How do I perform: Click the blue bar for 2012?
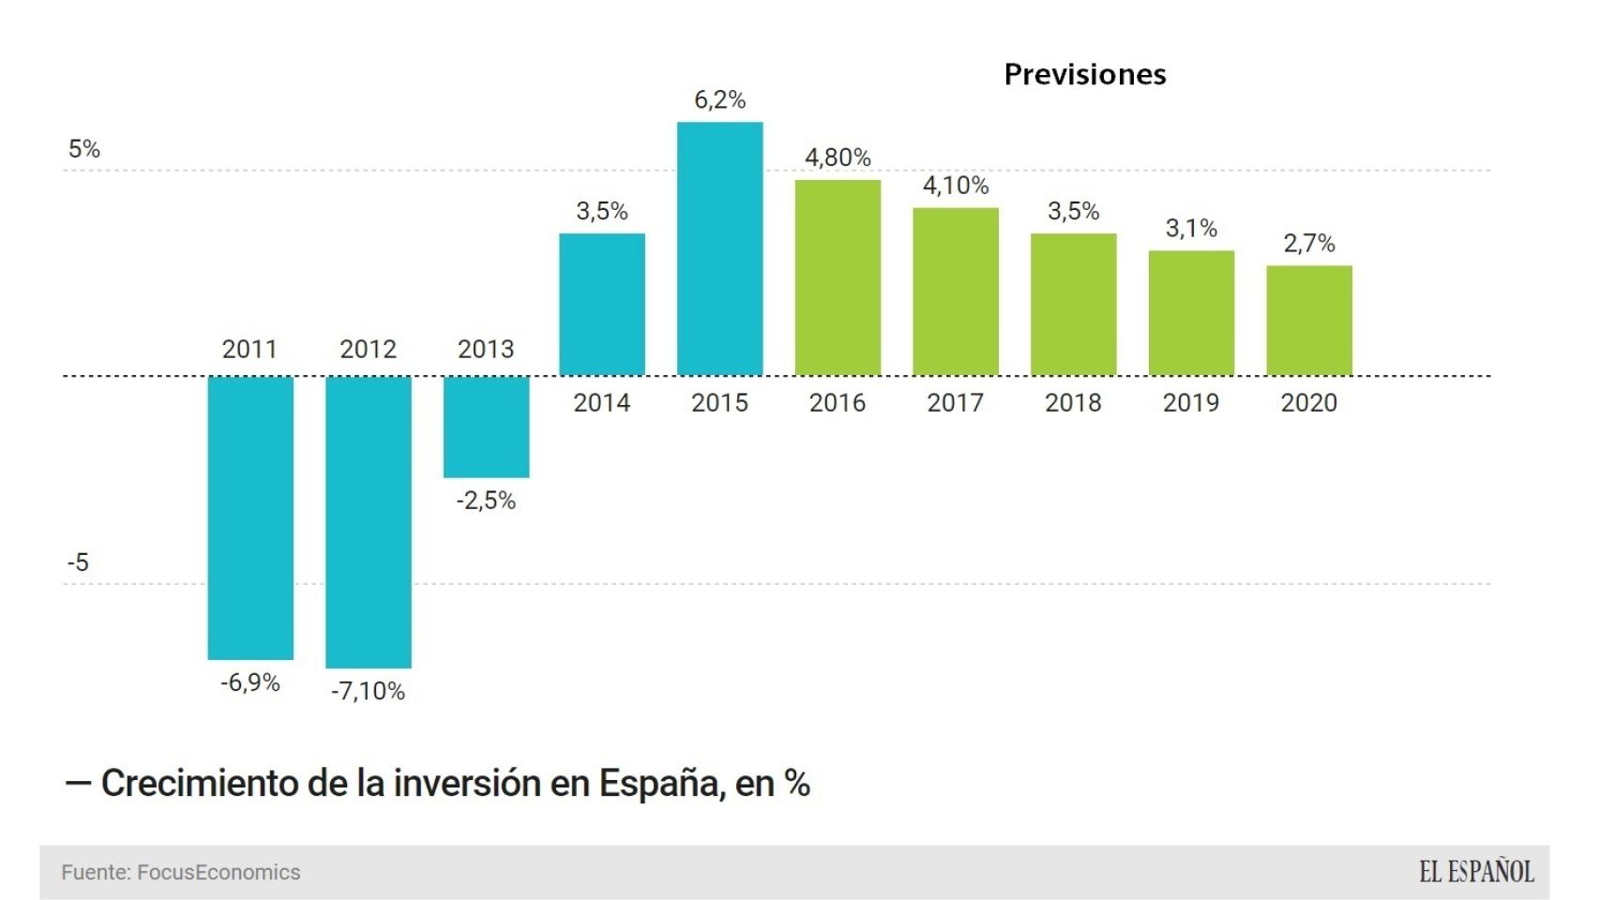pyautogui.click(x=368, y=521)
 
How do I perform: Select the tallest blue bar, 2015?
pyautogui.click(x=719, y=248)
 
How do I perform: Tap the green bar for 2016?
pyautogui.click(x=838, y=277)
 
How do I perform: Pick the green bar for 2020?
pyautogui.click(x=1308, y=320)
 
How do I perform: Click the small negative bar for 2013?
pyautogui.click(x=486, y=427)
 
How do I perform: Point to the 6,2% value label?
pyautogui.click(x=719, y=100)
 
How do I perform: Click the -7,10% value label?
pyautogui.click(x=368, y=692)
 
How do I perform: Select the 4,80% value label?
pyautogui.click(x=838, y=157)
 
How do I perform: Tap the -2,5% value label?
pyautogui.click(x=486, y=501)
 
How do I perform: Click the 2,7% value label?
pyautogui.click(x=1308, y=244)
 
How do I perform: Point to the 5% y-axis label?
pyautogui.click(x=83, y=149)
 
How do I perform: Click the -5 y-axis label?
pyautogui.click(x=78, y=562)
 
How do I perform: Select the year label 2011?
pyautogui.click(x=249, y=350)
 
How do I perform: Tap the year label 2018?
pyautogui.click(x=1073, y=403)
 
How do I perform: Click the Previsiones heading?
pyautogui.click(x=1084, y=75)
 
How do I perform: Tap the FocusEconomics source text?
pyautogui.click(x=219, y=873)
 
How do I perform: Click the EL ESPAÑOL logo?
pyautogui.click(x=1476, y=873)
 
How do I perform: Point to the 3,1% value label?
pyautogui.click(x=1191, y=229)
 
